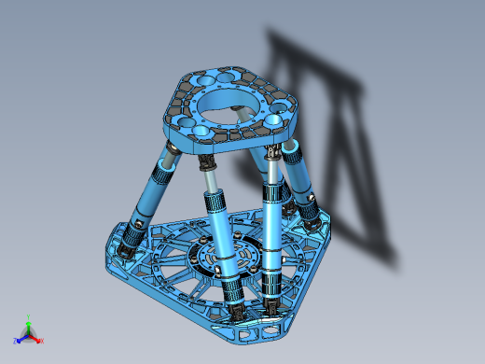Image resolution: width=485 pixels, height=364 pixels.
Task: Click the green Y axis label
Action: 29,316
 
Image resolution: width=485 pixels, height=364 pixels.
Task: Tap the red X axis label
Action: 42,341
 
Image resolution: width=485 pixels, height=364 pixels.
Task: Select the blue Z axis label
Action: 15,341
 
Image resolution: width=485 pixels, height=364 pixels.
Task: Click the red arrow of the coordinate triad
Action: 35,338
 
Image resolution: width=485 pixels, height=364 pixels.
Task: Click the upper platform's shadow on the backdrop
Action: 308,65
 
